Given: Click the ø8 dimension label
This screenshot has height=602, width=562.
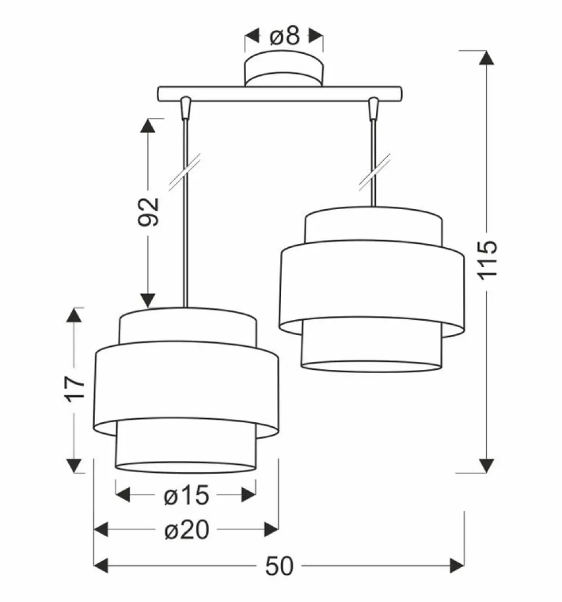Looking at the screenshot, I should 284,37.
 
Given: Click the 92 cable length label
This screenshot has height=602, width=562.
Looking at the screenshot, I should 149,212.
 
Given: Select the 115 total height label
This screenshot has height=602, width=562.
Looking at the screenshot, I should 487,259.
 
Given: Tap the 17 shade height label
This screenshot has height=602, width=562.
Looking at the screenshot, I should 74,388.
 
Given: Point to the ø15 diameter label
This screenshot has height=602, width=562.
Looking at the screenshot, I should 186,495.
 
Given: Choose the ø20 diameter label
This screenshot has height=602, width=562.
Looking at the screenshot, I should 186,529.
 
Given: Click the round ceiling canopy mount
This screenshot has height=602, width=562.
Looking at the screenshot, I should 284,70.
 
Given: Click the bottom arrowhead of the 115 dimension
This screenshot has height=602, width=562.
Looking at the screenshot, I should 487,465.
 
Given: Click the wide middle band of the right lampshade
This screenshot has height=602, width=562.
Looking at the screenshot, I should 371,287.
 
